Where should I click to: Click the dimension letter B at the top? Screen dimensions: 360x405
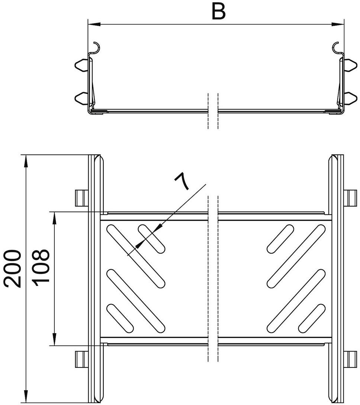point(219,12)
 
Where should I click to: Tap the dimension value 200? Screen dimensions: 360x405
point(12,268)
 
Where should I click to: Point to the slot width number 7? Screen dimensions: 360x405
point(182,182)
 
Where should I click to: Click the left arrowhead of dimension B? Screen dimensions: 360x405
point(94,25)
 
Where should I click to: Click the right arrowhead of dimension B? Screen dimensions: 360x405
point(338,25)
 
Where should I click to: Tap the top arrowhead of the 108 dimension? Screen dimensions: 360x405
point(54,218)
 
